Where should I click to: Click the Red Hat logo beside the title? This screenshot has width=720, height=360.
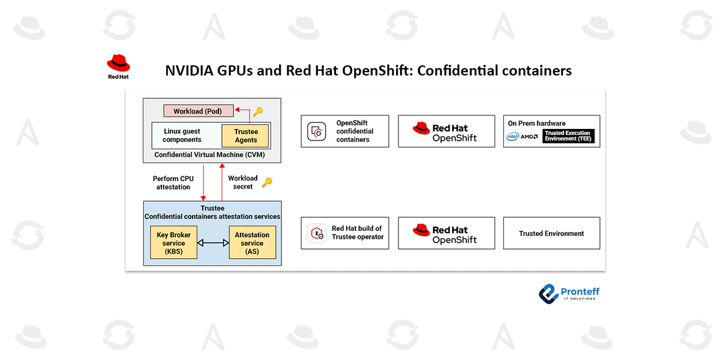118,67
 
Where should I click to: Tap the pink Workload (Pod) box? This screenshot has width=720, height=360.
197,112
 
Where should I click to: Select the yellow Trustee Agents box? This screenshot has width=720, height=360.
246,136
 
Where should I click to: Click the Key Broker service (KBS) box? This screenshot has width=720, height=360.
173,242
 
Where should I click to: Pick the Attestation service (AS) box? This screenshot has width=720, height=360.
252,242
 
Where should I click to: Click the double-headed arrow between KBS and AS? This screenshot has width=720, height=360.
213,243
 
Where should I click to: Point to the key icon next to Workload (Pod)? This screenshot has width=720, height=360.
258,112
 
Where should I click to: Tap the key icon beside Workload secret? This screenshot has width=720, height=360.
267,182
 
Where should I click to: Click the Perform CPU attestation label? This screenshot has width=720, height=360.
173,182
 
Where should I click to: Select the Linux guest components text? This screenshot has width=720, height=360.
182,136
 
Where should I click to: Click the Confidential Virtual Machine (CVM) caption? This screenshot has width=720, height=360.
209,155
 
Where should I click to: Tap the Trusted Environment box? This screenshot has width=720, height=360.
551,233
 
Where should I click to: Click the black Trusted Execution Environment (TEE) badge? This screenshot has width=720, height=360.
568,136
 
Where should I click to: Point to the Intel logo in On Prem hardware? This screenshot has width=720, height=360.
512,136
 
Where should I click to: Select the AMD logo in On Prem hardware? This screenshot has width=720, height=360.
530,136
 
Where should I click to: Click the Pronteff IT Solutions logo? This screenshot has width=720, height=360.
569,293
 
